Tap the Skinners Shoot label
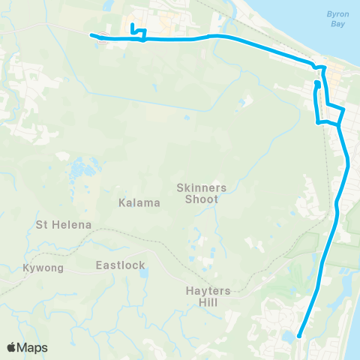[x=197, y=193]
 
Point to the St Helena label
[x=64, y=224]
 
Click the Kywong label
[x=44, y=267]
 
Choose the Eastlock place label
[x=121, y=265]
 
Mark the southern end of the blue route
[x=300, y=336]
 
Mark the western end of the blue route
[x=91, y=34]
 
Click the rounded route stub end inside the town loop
[x=317, y=84]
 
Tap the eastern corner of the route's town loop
[x=343, y=109]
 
